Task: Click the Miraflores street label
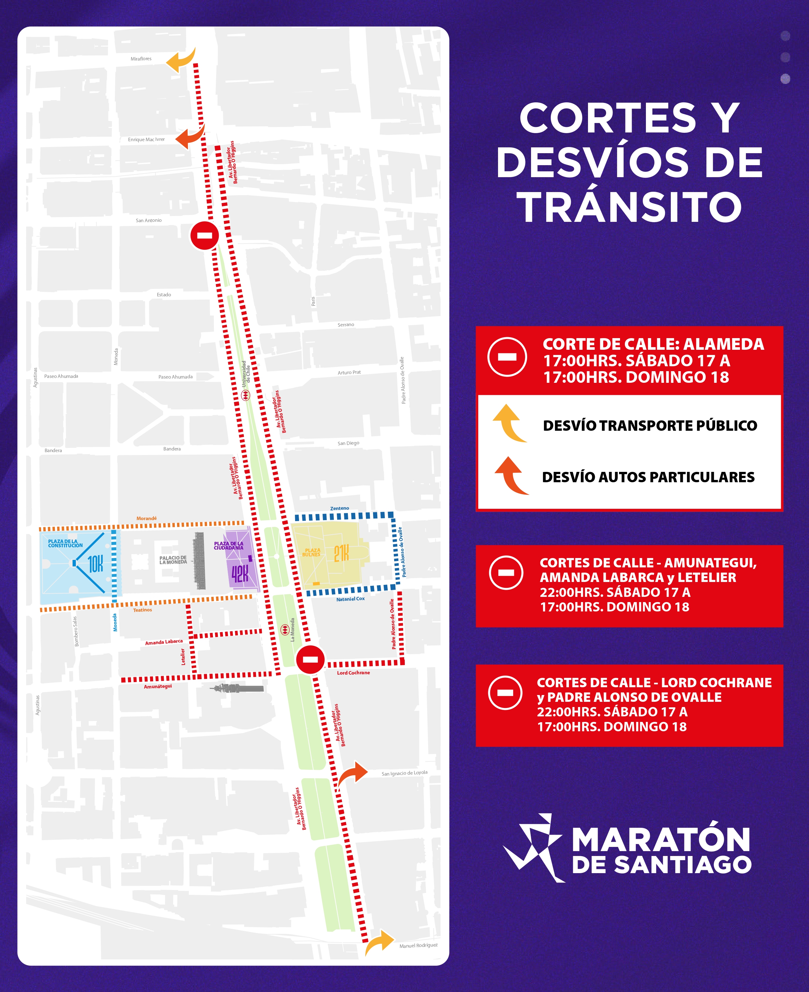(x=141, y=59)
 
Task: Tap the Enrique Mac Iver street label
(x=146, y=140)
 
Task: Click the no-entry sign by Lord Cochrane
(x=310, y=659)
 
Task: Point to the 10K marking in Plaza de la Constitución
(x=95, y=564)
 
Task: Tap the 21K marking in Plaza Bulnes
(x=341, y=553)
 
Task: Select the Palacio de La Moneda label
(x=173, y=560)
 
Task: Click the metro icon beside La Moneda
(x=284, y=630)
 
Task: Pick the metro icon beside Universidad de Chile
(x=246, y=395)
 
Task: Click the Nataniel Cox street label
(x=350, y=599)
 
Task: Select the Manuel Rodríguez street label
(x=418, y=945)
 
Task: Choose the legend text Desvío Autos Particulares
(x=648, y=477)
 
